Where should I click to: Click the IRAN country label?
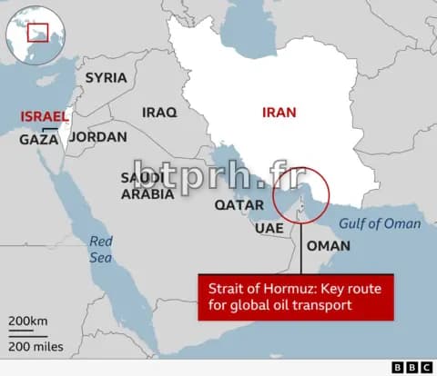[x=279, y=113]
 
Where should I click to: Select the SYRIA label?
[x=106, y=77]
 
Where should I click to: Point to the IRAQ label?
[x=158, y=113]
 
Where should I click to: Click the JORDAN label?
[x=98, y=137]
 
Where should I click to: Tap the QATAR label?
[x=239, y=204]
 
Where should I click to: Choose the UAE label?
[x=269, y=227]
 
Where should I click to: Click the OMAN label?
[x=328, y=245]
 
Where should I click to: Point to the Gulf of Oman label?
[x=380, y=223]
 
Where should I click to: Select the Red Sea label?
[x=100, y=250]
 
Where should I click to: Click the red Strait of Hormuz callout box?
[x=295, y=297]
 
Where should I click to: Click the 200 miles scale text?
[x=36, y=346]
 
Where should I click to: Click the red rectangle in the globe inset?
[x=37, y=34]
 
